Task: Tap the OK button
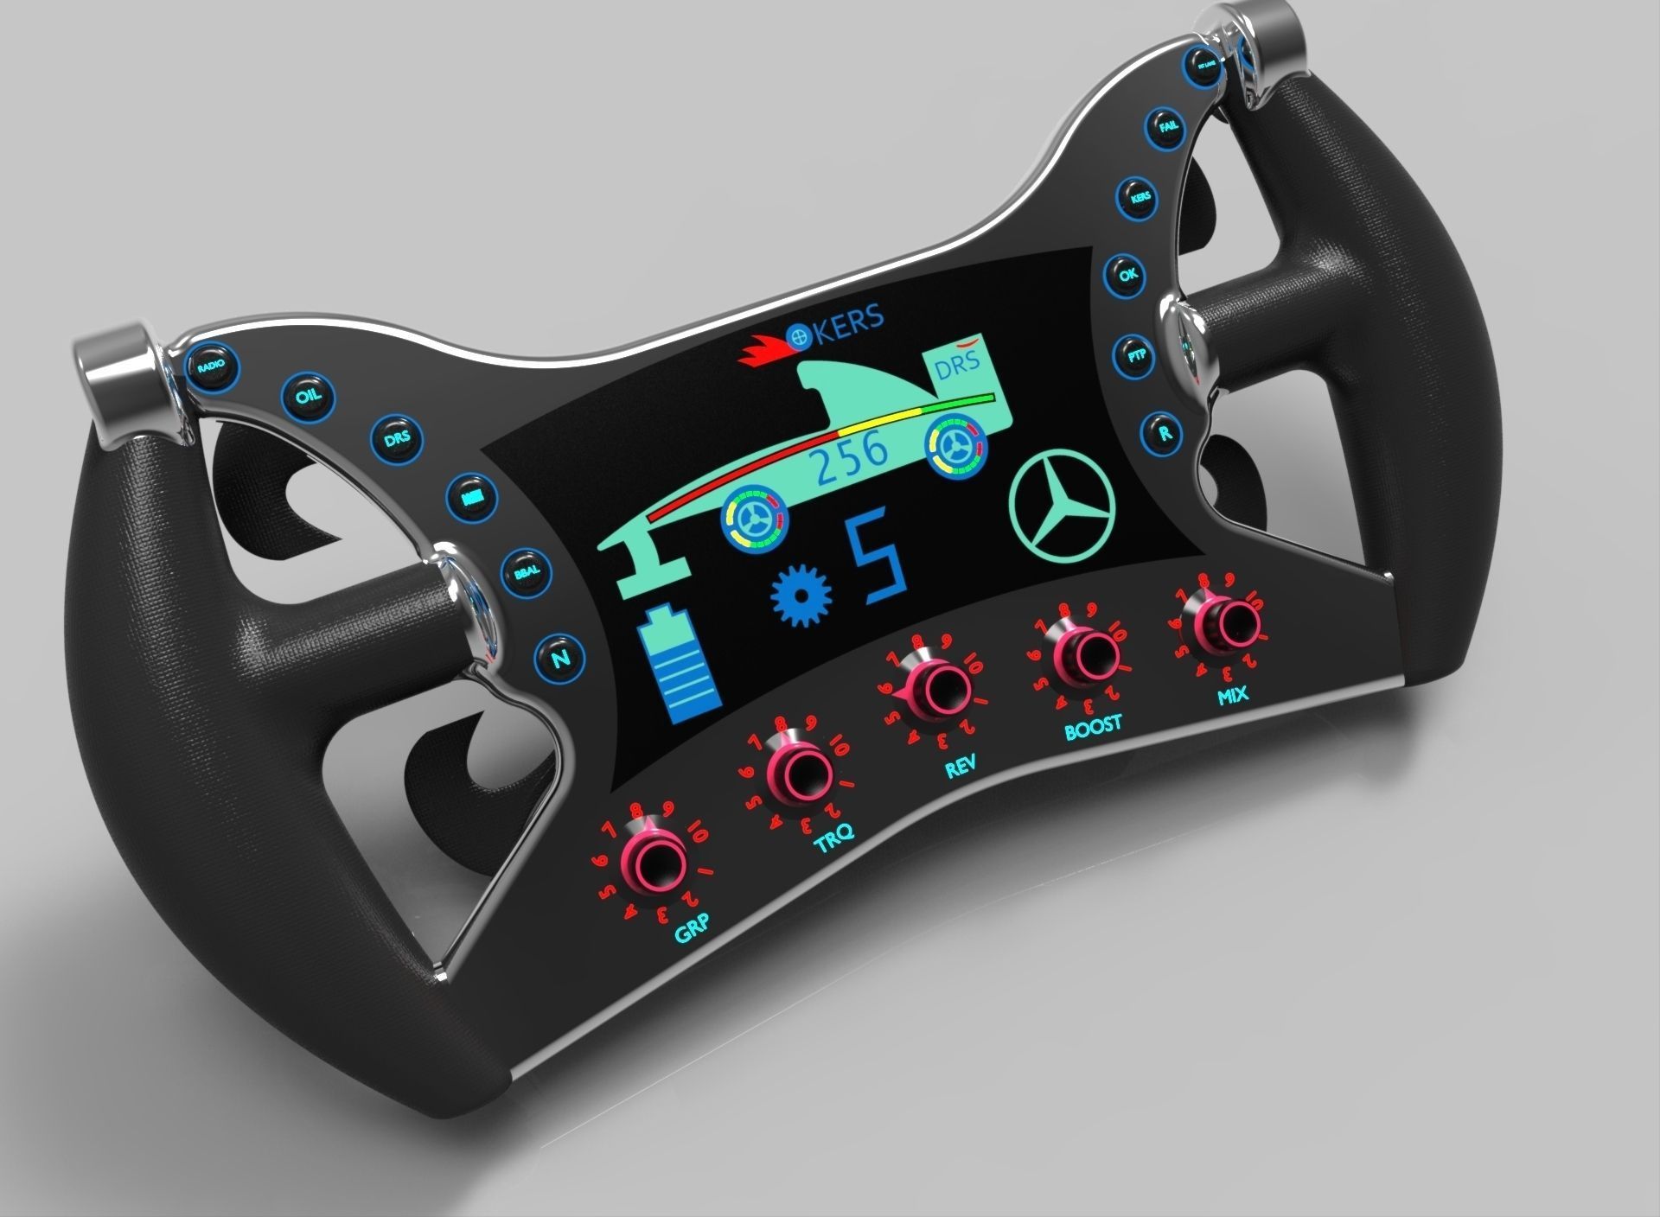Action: coord(1128,276)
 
